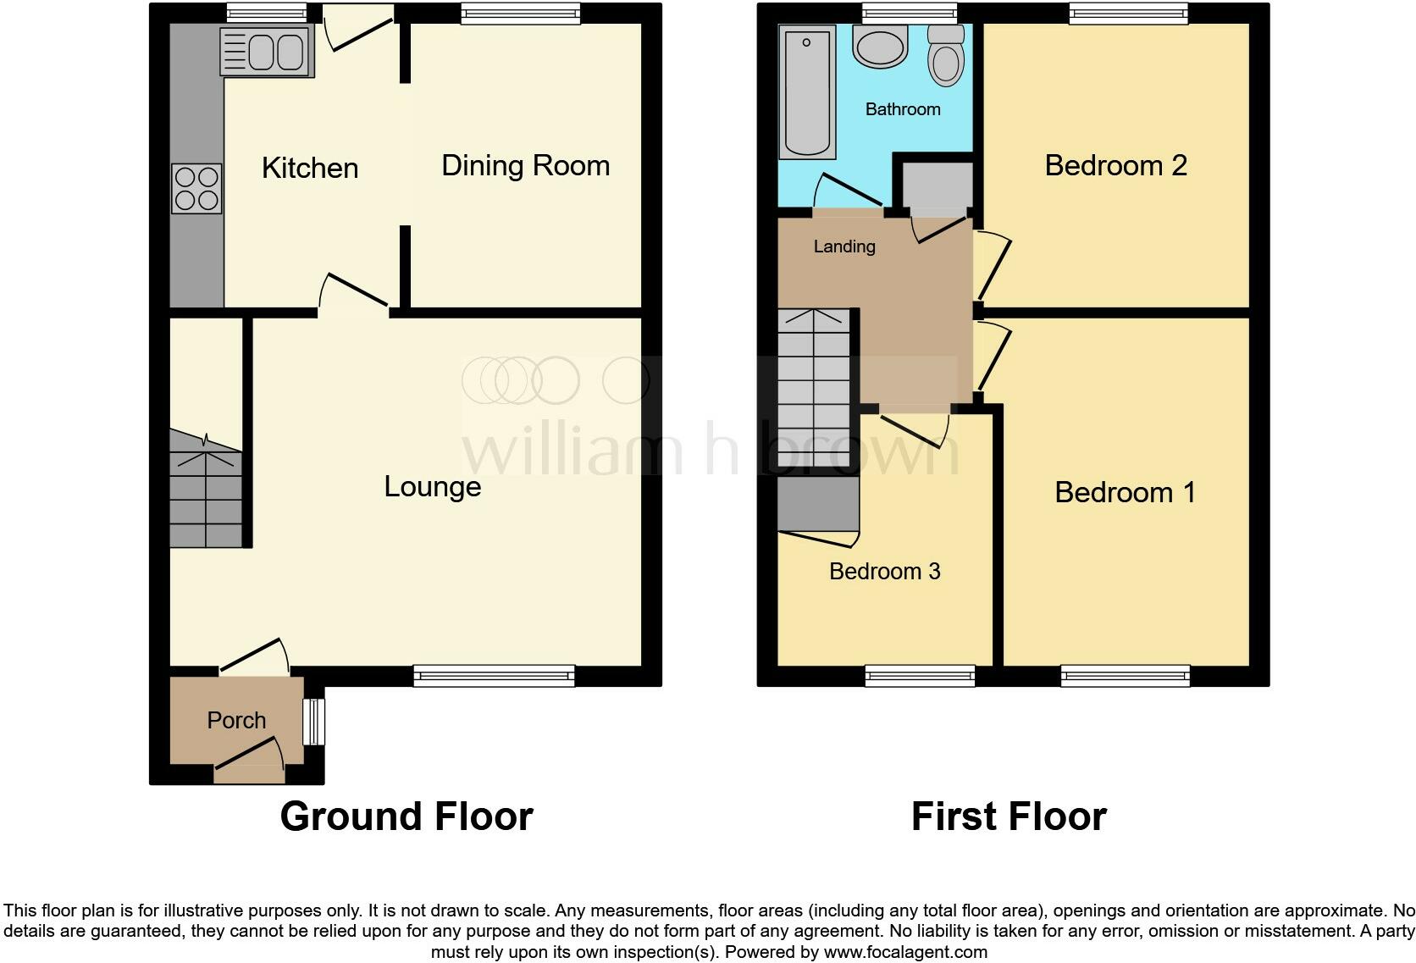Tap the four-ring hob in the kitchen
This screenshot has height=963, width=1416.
[x=196, y=188]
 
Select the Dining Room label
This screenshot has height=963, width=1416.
[x=525, y=165]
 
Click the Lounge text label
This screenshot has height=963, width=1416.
[x=432, y=486]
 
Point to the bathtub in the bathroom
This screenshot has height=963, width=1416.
[x=807, y=91]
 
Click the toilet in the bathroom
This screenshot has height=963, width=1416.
[x=945, y=56]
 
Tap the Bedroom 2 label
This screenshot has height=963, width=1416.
[x=1115, y=165]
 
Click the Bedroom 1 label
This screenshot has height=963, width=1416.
[x=1125, y=492]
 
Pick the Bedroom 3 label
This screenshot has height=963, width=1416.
[x=884, y=571]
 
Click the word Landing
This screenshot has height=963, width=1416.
[x=844, y=246]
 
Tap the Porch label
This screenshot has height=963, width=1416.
[x=236, y=720]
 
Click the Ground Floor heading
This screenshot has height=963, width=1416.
[x=407, y=816]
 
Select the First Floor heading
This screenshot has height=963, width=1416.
[x=1009, y=816]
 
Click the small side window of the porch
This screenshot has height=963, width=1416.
[x=314, y=722]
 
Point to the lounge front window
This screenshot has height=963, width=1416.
[x=494, y=675]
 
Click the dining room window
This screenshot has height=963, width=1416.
[x=521, y=13]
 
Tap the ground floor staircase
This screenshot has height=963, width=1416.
[x=206, y=491]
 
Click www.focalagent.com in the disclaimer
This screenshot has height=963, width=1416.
[x=905, y=952]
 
